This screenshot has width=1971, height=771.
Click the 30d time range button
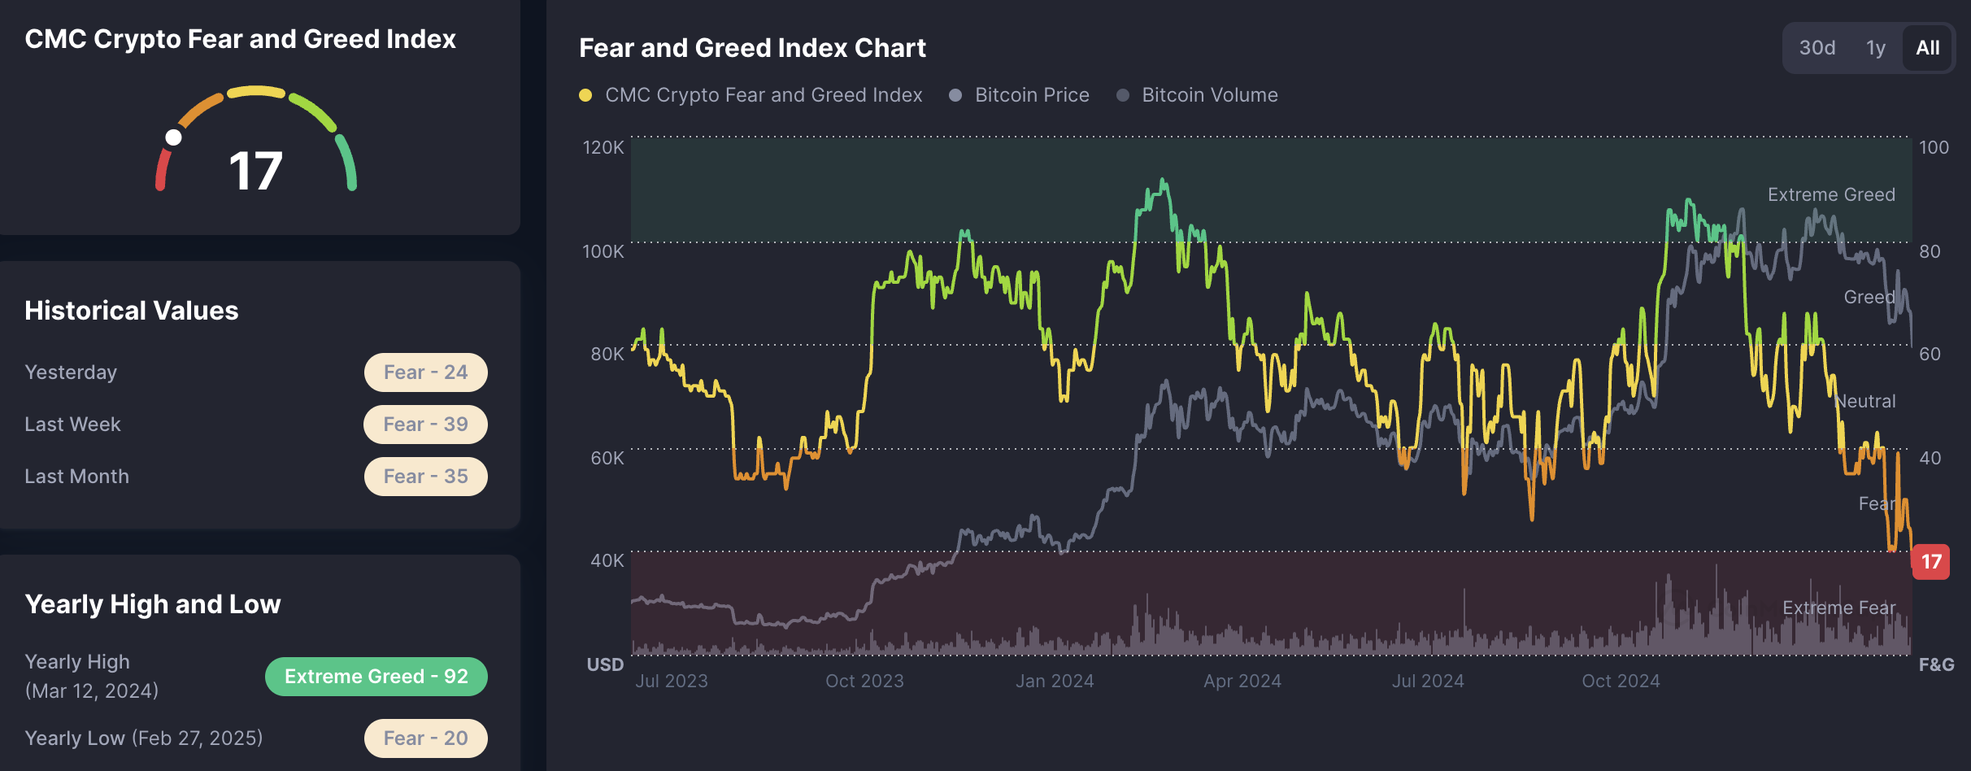pyautogui.click(x=1817, y=48)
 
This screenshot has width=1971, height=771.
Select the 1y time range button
pyautogui.click(x=1876, y=48)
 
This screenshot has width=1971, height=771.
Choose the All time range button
pyautogui.click(x=1928, y=48)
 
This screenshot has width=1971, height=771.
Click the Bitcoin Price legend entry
pyautogui.click(x=1031, y=95)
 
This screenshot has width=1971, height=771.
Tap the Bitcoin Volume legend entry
pyautogui.click(x=1209, y=95)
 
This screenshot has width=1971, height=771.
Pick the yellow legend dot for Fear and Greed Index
pyautogui.click(x=585, y=95)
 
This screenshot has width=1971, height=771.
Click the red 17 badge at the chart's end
pyautogui.click(x=1931, y=562)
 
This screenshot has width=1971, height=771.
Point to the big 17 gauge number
pyautogui.click(x=255, y=172)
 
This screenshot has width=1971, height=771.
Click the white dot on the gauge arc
pyautogui.click(x=173, y=137)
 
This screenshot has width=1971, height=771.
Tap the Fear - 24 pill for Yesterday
pyautogui.click(x=425, y=372)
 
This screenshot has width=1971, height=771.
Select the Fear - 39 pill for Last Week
pyautogui.click(x=425, y=425)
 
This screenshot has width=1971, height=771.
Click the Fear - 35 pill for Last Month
pyautogui.click(x=425, y=477)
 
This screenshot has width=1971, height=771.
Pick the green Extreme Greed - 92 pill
pyautogui.click(x=376, y=677)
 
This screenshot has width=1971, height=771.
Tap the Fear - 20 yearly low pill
pyautogui.click(x=425, y=738)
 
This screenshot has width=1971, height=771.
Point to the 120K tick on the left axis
pyautogui.click(x=603, y=147)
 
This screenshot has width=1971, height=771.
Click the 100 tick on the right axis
pyautogui.click(x=1934, y=147)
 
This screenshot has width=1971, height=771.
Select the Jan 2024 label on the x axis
pyautogui.click(x=1055, y=681)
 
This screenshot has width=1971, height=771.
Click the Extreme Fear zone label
pyautogui.click(x=1838, y=608)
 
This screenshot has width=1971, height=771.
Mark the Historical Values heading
pyautogui.click(x=132, y=311)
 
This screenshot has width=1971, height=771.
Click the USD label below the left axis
pyautogui.click(x=605, y=664)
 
